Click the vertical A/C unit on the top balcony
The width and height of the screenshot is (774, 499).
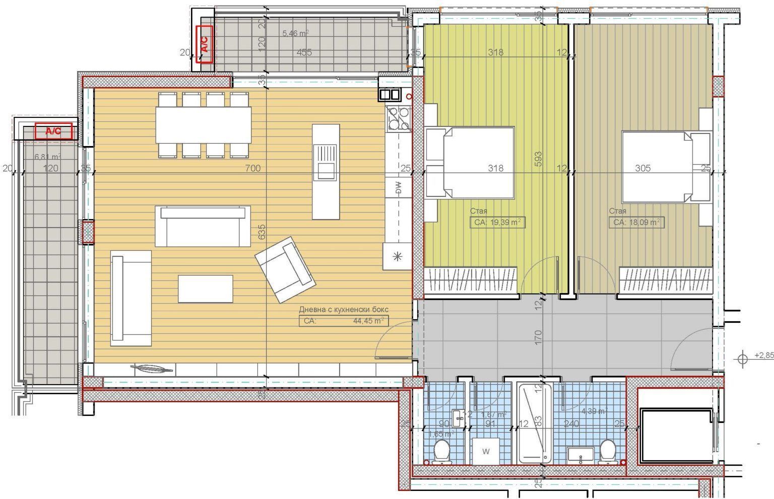[205, 43]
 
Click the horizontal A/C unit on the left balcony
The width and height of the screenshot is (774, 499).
[53, 131]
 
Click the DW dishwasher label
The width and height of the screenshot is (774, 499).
[398, 188]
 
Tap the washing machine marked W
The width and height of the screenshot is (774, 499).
[486, 451]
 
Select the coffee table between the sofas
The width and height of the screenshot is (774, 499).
[206, 289]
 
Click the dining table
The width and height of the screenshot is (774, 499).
[203, 125]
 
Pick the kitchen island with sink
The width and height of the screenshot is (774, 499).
[326, 172]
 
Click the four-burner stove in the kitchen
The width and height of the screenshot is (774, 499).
[398, 118]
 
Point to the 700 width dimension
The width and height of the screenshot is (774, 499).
[252, 168]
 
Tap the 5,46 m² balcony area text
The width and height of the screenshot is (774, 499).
[295, 34]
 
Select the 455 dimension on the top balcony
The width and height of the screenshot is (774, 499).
[304, 52]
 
